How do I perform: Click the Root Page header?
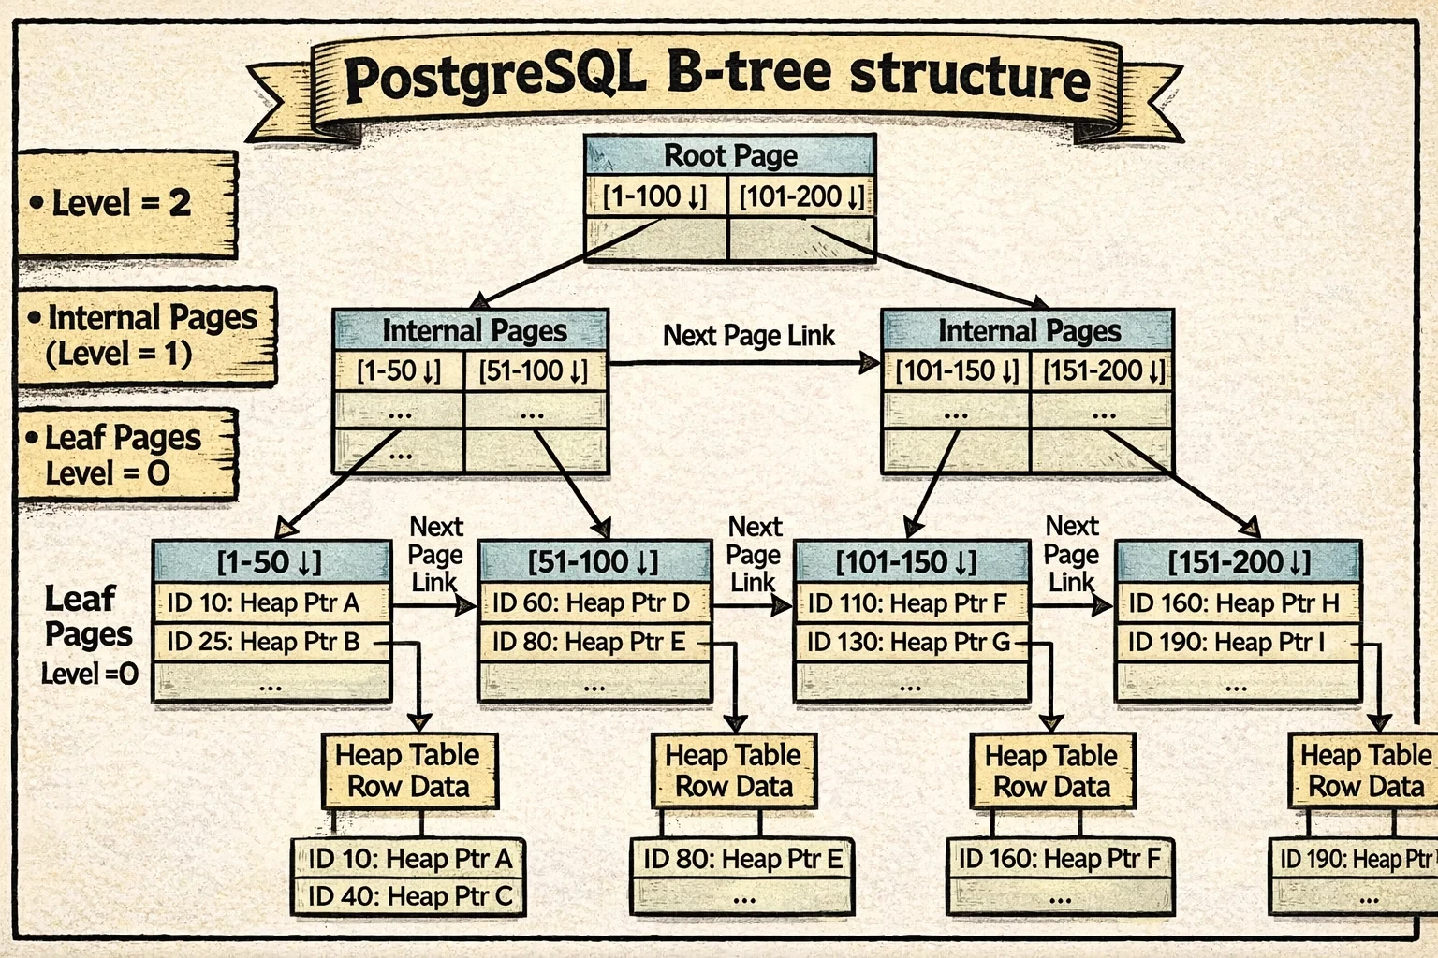(x=730, y=155)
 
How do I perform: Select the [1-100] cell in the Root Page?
(x=655, y=197)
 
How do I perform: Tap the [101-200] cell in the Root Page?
(x=801, y=197)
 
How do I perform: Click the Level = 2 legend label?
(x=122, y=203)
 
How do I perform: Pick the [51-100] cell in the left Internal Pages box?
(x=534, y=371)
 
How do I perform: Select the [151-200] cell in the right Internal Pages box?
(x=1103, y=371)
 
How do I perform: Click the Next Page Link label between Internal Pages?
(x=749, y=336)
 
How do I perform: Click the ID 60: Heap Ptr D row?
(x=592, y=603)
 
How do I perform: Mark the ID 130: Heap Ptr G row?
(x=908, y=643)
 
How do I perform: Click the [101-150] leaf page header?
(x=906, y=562)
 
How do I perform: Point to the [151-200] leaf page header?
(x=1238, y=562)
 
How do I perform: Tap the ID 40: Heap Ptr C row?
(x=410, y=896)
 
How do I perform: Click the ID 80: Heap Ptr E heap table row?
(x=741, y=859)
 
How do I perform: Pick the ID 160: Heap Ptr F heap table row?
(x=1059, y=859)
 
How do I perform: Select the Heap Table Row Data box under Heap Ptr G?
(x=1051, y=771)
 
